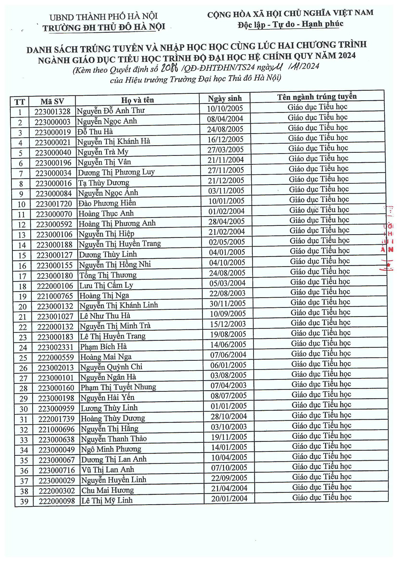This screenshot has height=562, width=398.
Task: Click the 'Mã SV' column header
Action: coord(52,101)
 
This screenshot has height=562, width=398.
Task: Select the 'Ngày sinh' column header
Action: coord(224,99)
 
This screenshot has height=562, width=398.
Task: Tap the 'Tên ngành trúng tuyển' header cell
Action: coord(317,97)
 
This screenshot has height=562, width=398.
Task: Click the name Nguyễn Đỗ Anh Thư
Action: coord(111,111)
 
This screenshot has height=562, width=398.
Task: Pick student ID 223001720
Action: coord(53,204)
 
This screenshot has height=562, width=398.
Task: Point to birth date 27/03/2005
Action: coord(226,150)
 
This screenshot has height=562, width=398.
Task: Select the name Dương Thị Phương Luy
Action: coord(116,172)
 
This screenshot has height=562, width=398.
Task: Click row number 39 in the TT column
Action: coord(24,501)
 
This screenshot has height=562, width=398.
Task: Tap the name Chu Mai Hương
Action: coord(107,490)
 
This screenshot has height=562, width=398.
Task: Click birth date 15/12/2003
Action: coord(228,324)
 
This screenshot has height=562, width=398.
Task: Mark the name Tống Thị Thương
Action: coord(108,275)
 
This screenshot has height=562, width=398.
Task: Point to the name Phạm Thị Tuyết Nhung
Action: coord(118,387)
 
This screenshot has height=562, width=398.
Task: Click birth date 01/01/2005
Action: coord(229,406)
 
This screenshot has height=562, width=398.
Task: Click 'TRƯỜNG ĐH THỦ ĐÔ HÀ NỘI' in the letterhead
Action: coord(103,27)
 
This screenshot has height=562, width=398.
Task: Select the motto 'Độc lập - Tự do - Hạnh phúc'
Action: coord(291,24)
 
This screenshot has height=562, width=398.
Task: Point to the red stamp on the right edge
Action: coord(388,239)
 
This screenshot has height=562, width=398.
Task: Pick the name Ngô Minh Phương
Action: coord(111,449)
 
